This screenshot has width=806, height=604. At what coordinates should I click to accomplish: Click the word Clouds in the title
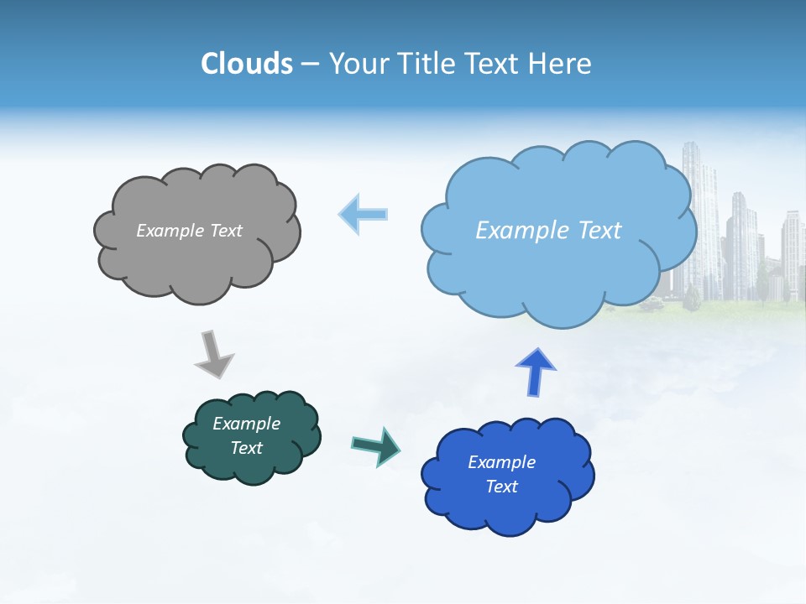click(x=246, y=64)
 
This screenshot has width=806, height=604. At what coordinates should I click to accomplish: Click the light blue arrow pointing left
click(x=364, y=214)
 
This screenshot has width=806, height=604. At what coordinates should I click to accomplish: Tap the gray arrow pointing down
click(x=213, y=354)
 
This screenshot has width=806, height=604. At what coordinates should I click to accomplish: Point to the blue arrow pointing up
click(x=536, y=372)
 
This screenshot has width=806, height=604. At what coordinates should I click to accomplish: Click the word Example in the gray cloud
click(x=169, y=231)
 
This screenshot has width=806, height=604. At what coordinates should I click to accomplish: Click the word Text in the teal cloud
click(x=247, y=448)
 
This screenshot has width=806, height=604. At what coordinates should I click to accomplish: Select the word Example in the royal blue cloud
click(x=501, y=462)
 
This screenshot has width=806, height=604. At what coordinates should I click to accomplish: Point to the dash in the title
click(x=310, y=65)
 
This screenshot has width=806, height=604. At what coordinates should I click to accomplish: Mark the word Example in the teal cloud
click(x=247, y=424)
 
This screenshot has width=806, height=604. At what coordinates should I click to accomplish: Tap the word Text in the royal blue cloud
click(x=501, y=487)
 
